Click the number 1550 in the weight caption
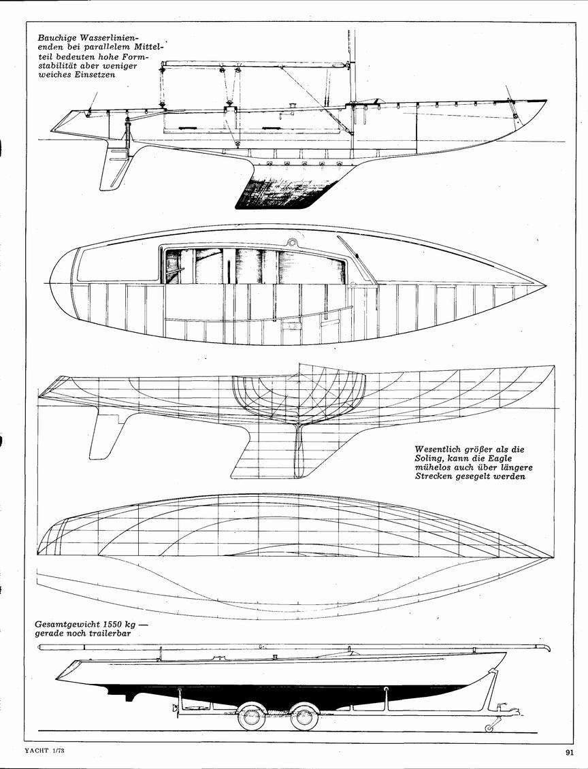pos(113,625)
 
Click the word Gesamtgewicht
pos(67,625)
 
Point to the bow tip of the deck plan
pos(546,285)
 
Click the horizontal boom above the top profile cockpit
pos(255,63)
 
